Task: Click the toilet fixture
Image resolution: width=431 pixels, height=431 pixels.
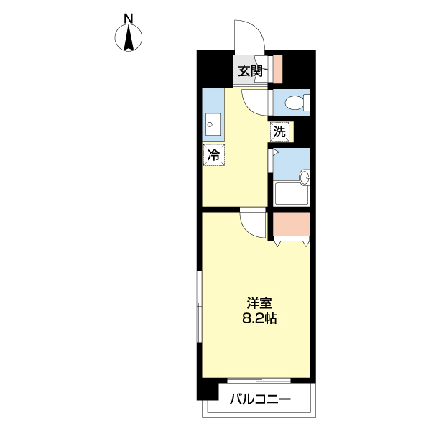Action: pos(295,103)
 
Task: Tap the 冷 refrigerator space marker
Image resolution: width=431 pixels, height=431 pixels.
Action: pos(213,154)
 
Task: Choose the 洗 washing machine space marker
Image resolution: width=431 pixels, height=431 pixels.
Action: pos(279,131)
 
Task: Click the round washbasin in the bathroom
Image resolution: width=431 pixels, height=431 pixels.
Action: pos(305,177)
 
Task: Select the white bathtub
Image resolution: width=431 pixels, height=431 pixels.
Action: pos(291,195)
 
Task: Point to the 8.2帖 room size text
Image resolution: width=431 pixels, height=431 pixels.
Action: pos(259,319)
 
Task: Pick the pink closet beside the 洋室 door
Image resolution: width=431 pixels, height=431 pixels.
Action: pos(291,226)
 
